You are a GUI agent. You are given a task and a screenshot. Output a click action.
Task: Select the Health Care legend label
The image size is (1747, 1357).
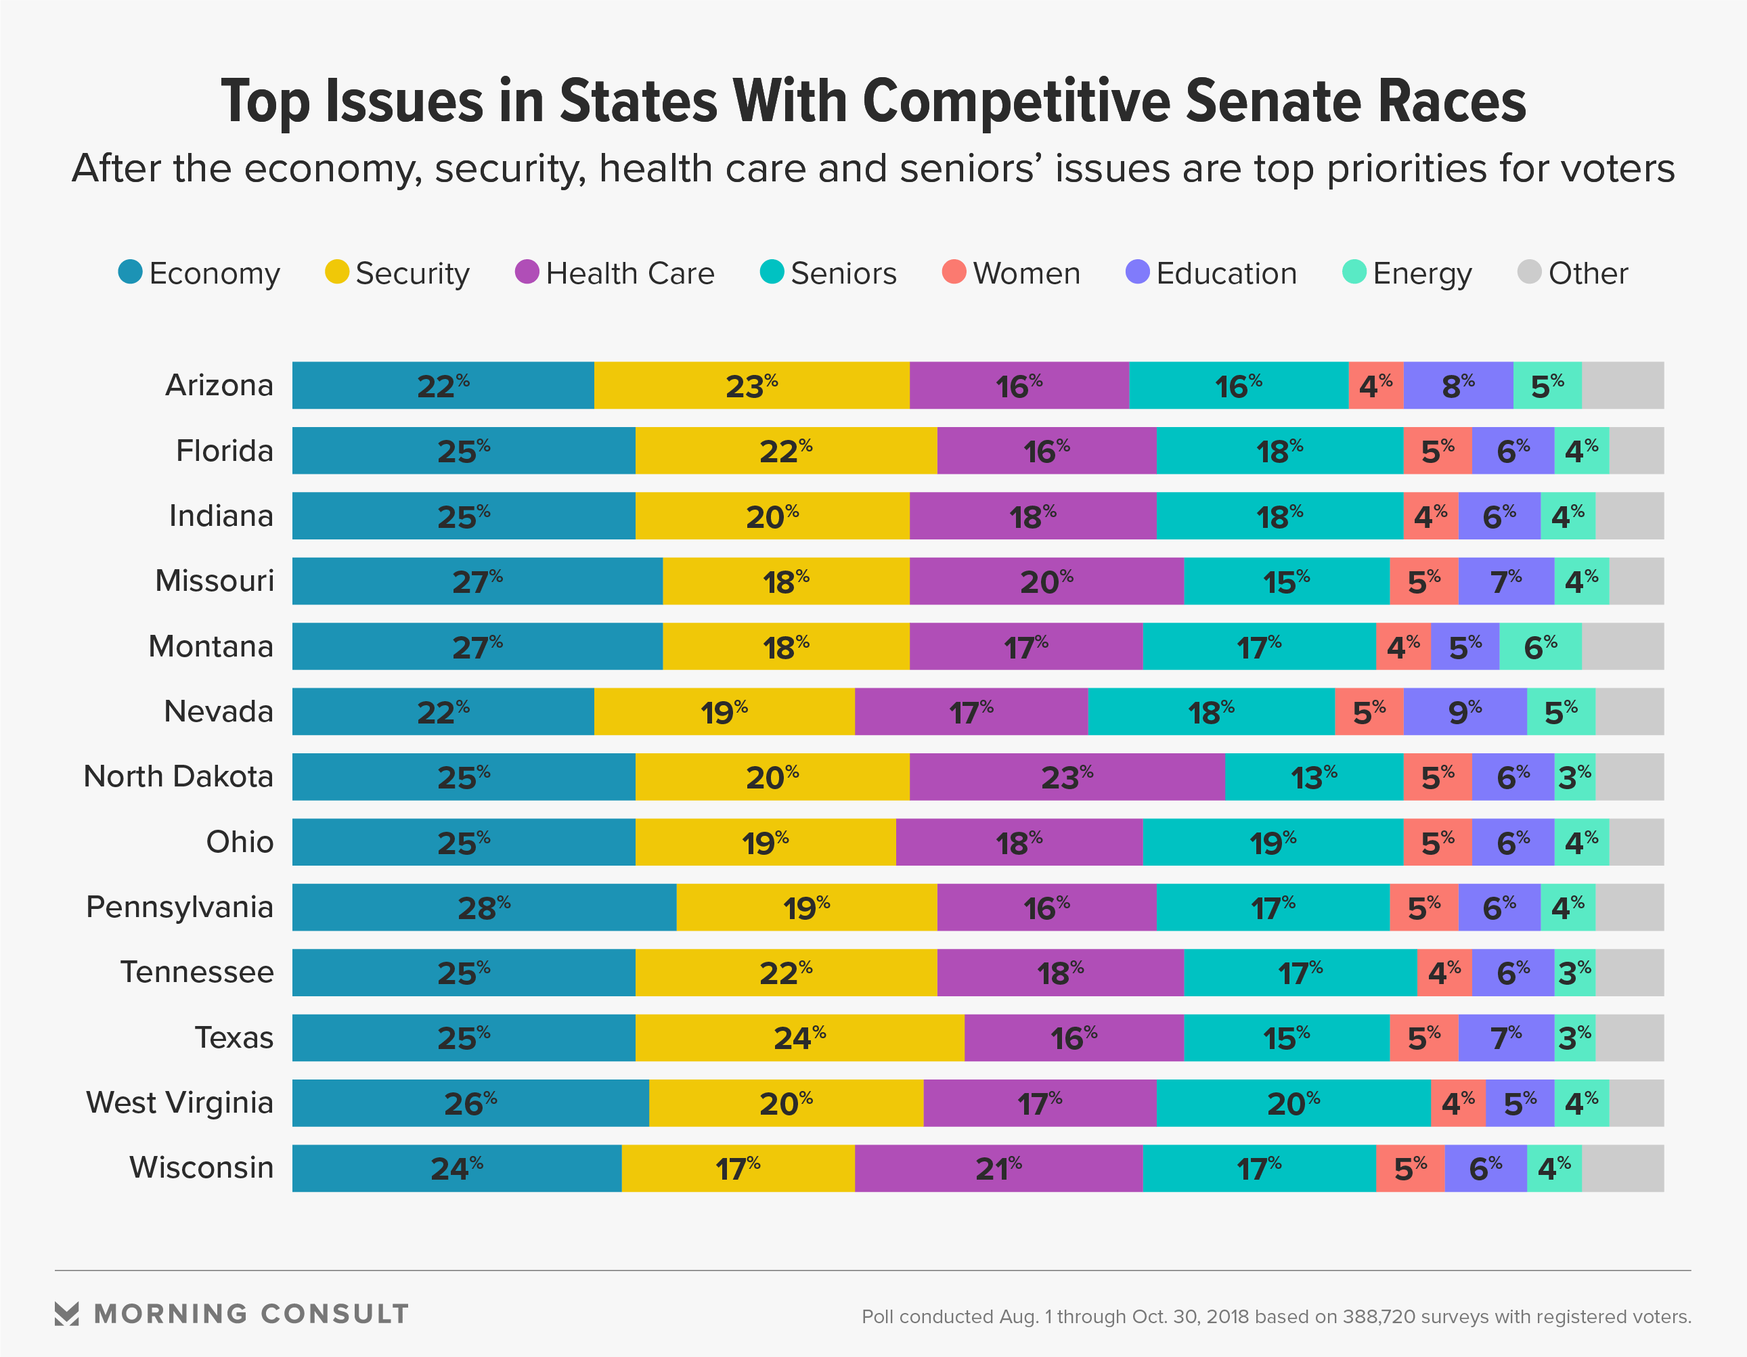point(629,273)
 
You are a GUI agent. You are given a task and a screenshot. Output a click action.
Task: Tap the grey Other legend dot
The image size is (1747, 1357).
point(1528,272)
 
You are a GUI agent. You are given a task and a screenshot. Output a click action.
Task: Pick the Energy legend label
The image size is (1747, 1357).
point(1421,273)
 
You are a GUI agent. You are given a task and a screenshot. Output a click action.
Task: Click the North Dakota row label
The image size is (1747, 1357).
point(179,776)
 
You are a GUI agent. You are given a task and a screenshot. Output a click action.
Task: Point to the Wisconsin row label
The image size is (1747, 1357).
point(202,1167)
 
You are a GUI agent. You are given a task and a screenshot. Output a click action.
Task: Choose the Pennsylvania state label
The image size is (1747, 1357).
point(180,907)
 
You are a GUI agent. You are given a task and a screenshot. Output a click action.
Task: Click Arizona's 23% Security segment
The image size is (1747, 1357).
point(751,385)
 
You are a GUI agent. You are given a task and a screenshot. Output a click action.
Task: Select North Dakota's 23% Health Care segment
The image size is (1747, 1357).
point(1066,776)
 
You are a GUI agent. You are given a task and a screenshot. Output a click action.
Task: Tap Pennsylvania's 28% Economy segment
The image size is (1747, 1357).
point(484,907)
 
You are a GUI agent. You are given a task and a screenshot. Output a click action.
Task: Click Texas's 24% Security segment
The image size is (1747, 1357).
point(799,1038)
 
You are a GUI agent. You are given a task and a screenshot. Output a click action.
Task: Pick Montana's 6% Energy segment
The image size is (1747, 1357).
point(1540,646)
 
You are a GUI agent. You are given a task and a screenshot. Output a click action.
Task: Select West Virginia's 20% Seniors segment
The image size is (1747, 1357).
point(1293,1103)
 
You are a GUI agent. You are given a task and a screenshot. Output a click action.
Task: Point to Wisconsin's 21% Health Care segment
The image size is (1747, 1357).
point(998,1168)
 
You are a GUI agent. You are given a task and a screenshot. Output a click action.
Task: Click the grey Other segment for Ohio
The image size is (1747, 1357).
point(1636,842)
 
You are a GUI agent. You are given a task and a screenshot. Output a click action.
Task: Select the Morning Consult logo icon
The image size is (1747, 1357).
point(67,1313)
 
